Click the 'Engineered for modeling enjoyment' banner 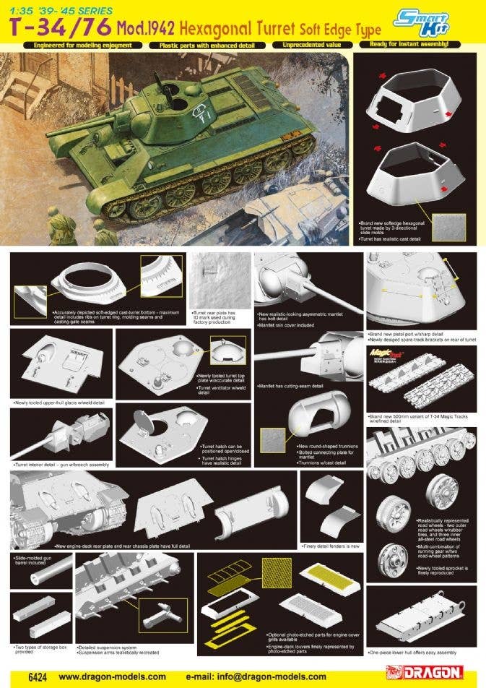point(77,45)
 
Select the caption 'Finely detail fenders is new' point(331,546)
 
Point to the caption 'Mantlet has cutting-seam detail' point(289,386)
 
